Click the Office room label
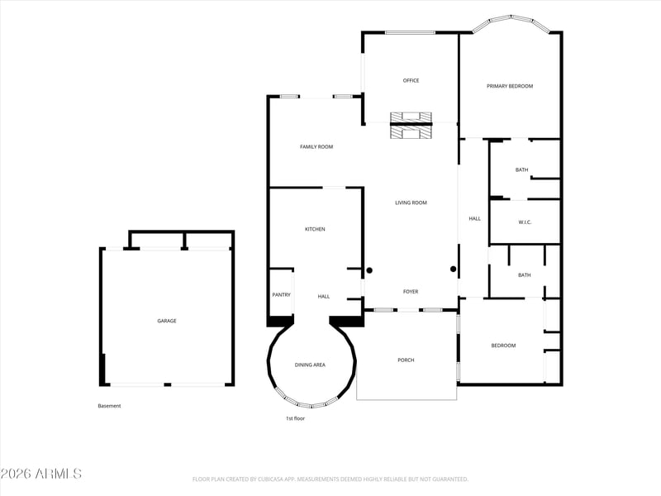[x=411, y=80]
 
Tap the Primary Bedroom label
[x=510, y=86]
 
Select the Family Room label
[x=316, y=147]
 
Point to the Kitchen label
[x=315, y=229]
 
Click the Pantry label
[x=281, y=295]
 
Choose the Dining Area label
[x=310, y=365]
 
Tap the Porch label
[x=406, y=360]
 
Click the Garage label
[x=167, y=321]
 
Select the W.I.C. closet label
[x=525, y=222]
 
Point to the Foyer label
[x=411, y=292]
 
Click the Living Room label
[x=411, y=203]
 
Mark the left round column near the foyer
[x=369, y=270]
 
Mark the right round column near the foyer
[x=453, y=269]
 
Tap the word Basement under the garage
[x=109, y=406]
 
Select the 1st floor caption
[x=295, y=418]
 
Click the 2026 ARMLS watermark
[x=40, y=474]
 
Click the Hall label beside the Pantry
[x=324, y=297]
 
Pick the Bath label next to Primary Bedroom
[x=522, y=169]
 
